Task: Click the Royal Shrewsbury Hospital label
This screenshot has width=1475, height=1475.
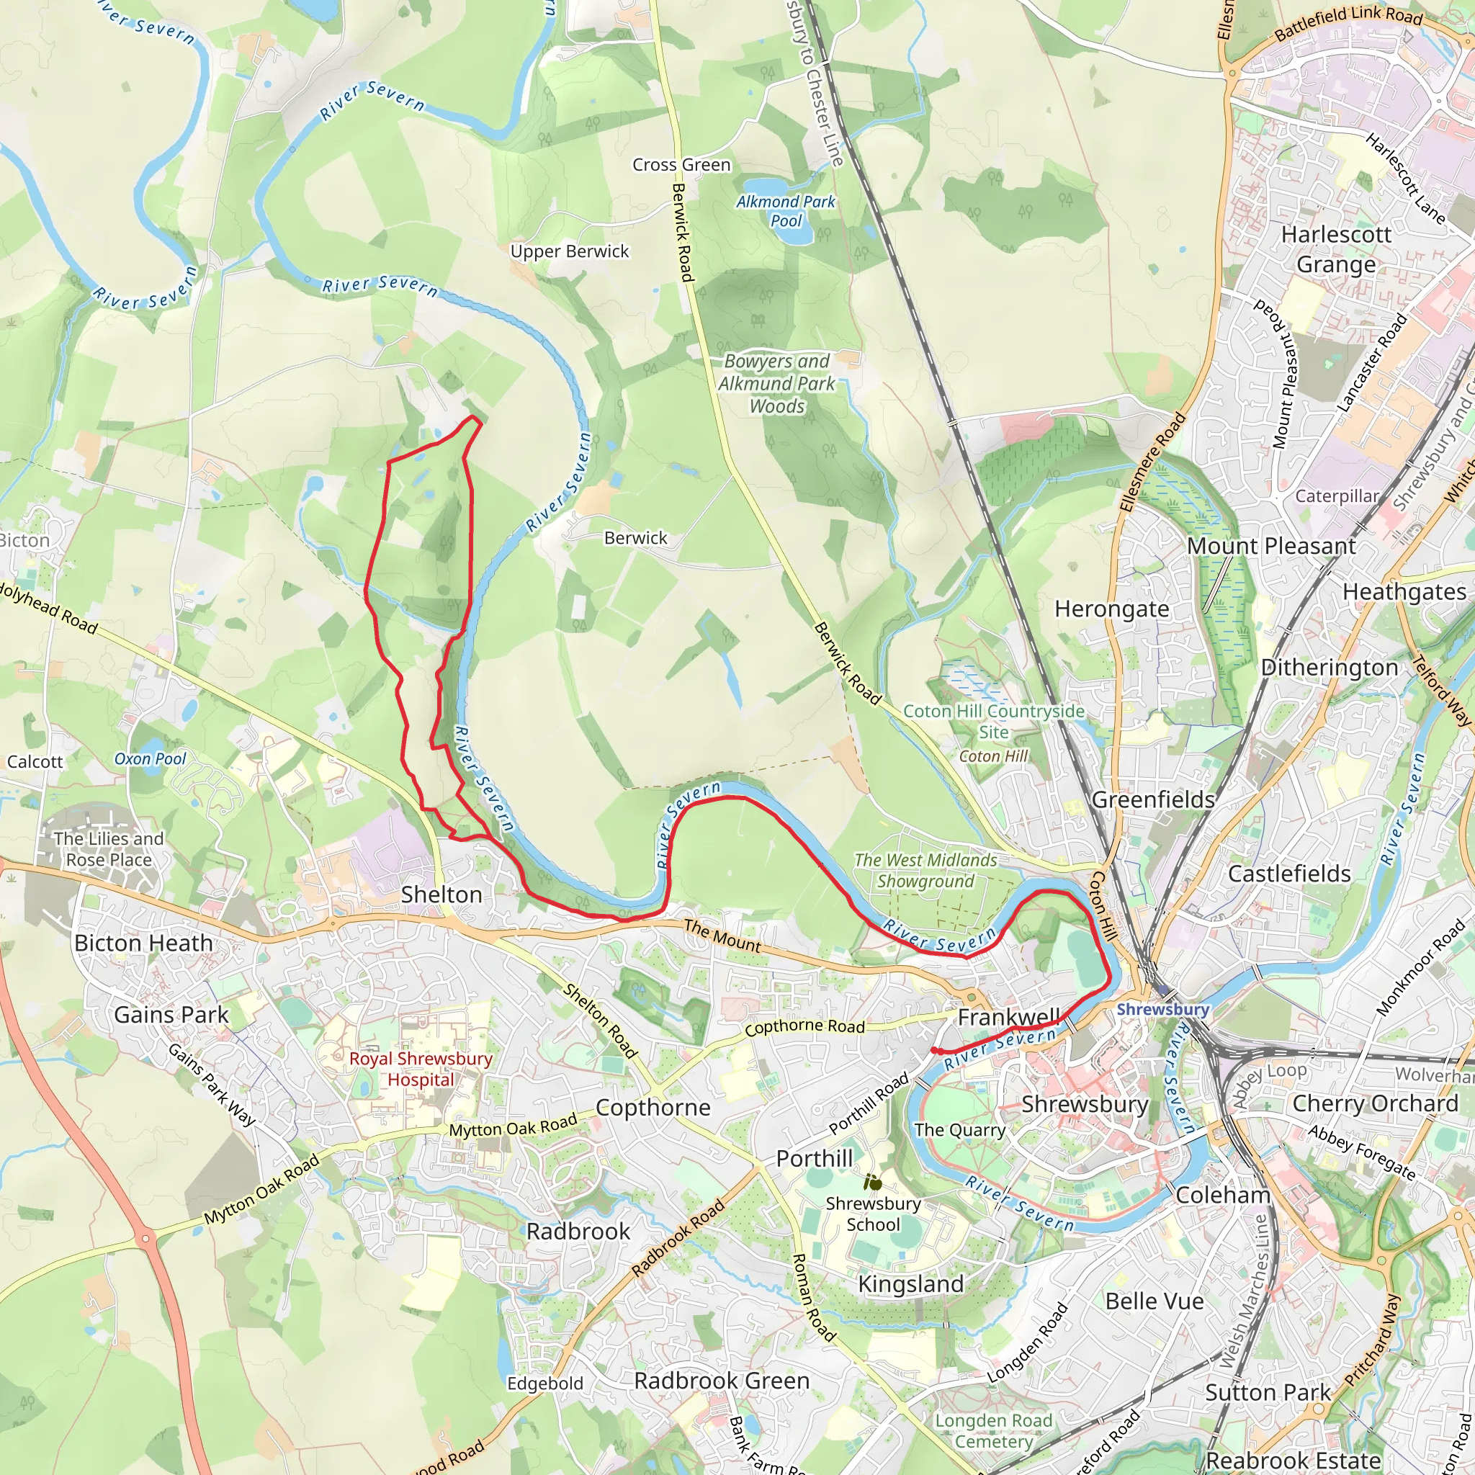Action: [x=421, y=1069]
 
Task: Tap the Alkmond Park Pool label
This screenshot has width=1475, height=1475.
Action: [x=786, y=212]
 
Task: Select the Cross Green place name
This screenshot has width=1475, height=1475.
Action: [x=681, y=165]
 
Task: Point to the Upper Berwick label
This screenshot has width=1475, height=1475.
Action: [x=570, y=251]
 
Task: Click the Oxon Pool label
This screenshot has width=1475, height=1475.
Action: [x=150, y=759]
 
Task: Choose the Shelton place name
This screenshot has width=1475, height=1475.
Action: [x=441, y=894]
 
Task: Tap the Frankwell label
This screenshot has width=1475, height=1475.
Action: [x=1008, y=1017]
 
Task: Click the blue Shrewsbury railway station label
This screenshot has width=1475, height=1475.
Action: [x=1162, y=1009]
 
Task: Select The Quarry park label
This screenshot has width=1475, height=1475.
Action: [x=959, y=1130]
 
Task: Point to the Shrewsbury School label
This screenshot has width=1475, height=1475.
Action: [x=874, y=1214]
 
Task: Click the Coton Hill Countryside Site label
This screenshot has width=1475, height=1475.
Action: [x=993, y=722]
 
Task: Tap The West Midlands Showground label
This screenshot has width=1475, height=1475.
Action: [x=925, y=870]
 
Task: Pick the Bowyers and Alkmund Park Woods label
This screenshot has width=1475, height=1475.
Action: [x=776, y=383]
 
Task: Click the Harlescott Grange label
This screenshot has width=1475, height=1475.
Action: [x=1336, y=249]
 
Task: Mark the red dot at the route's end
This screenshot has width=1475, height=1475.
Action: [x=934, y=1051]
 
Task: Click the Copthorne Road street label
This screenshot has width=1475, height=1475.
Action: [x=804, y=1027]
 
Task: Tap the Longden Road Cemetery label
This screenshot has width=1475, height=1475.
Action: [x=993, y=1431]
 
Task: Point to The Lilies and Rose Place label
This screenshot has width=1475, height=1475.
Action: [x=109, y=849]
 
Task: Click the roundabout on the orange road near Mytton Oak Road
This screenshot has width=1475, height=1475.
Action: [x=145, y=1237]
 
